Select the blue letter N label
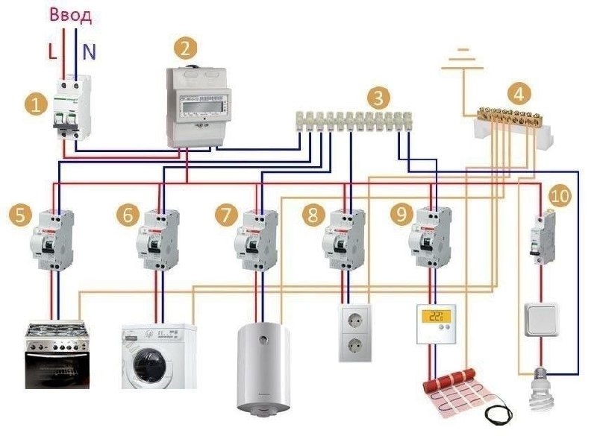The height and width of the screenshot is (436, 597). (90, 52)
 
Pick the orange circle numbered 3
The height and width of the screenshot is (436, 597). (380, 97)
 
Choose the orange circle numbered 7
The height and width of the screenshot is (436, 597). (225, 215)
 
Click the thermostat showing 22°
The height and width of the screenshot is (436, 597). (438, 322)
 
